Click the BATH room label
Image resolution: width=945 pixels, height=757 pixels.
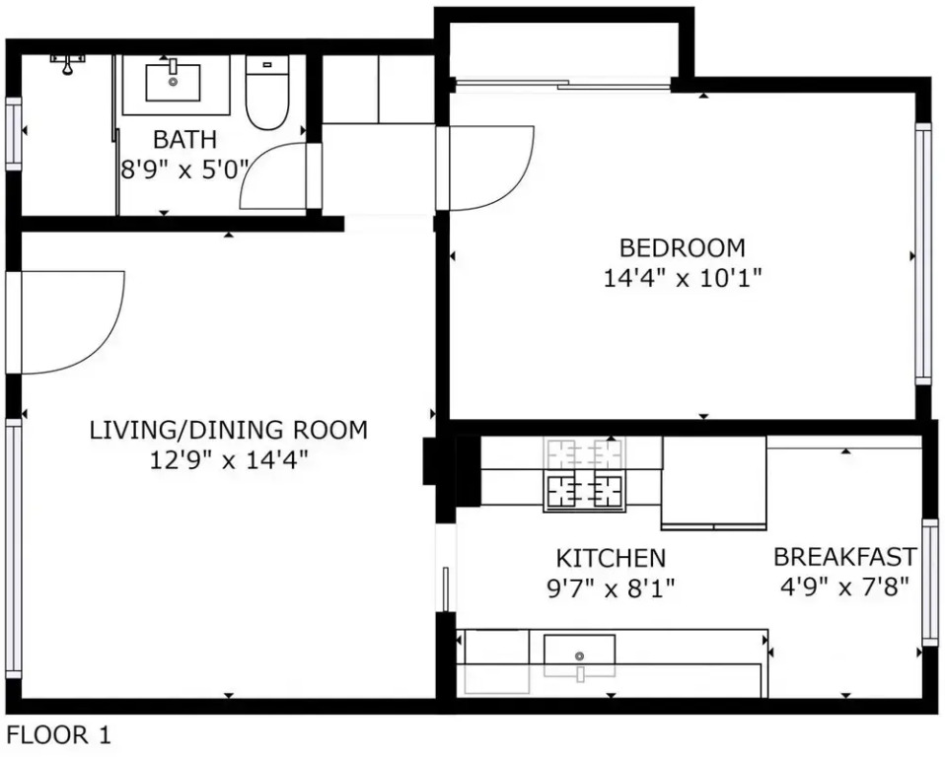(184, 139)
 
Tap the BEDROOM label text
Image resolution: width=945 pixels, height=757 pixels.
(683, 247)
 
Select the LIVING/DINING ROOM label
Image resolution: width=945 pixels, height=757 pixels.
(229, 430)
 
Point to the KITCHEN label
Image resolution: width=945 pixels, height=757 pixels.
(611, 558)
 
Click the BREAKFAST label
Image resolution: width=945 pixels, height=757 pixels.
(845, 557)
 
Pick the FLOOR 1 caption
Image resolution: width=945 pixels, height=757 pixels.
(58, 734)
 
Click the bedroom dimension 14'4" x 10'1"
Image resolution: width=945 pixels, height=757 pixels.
(683, 278)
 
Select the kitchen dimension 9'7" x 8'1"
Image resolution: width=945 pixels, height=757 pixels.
(611, 587)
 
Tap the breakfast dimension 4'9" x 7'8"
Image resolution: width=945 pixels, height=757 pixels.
(844, 585)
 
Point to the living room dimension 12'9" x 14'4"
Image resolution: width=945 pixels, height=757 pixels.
(229, 460)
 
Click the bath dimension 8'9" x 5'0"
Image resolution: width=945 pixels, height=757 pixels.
(184, 170)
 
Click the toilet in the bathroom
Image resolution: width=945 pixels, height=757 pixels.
(267, 92)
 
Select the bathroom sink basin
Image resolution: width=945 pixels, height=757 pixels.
(173, 83)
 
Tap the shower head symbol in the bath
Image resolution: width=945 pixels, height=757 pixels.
(67, 64)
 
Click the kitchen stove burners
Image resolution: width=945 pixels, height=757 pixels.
(583, 474)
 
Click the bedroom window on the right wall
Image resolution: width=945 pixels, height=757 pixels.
(922, 253)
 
